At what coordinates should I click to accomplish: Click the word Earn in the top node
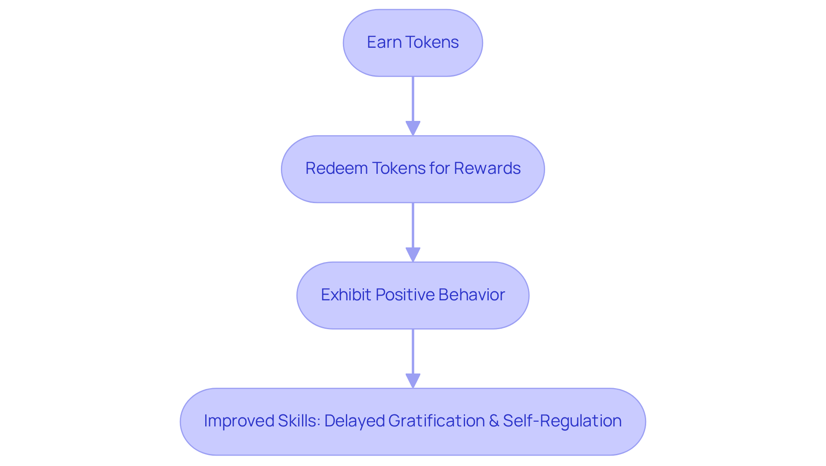coord(384,42)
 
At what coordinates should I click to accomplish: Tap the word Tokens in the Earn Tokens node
coord(432,42)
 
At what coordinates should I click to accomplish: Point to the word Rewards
coord(487,168)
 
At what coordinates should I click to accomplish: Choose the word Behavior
coord(472,295)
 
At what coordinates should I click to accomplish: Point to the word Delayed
coord(354,421)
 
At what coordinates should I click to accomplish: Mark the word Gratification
coord(437,421)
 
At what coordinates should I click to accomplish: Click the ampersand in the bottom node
coord(494,421)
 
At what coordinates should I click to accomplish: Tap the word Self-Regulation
coord(562,421)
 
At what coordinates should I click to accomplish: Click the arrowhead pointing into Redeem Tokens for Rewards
coord(413,128)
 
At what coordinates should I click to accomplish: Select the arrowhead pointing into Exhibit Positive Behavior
coord(413,254)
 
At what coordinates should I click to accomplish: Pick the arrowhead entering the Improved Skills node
coord(413,381)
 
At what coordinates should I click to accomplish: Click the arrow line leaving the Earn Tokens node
coord(413,99)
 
